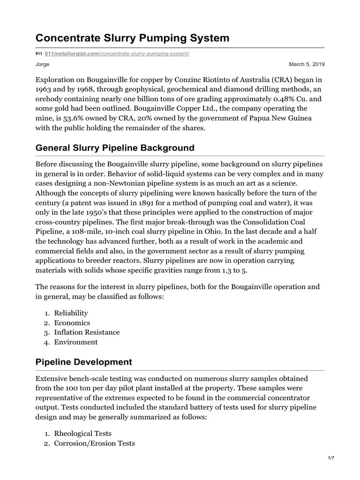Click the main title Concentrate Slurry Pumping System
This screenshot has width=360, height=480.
(133, 38)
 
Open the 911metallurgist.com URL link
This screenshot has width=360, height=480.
(116, 54)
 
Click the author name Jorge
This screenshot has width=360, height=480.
(43, 64)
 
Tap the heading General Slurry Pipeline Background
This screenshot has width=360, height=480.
(115, 148)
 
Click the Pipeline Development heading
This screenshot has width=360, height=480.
(84, 362)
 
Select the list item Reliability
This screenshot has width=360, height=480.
(71, 313)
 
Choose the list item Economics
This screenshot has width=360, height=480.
(72, 323)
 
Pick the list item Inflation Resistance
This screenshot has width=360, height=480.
(87, 332)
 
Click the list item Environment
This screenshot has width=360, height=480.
(76, 342)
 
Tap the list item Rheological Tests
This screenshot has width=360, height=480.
(83, 433)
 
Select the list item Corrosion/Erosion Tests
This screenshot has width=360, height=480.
(94, 443)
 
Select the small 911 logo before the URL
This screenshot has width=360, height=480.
(39, 54)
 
